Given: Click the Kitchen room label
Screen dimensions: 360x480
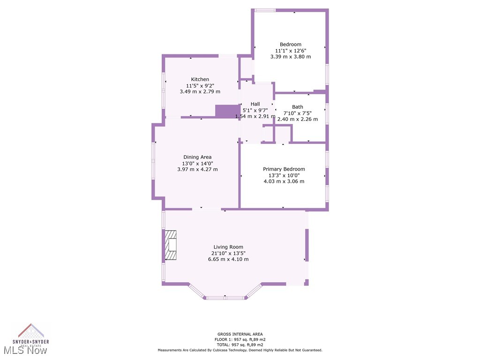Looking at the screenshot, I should tap(200, 79).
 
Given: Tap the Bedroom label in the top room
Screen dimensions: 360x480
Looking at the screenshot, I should tap(290, 45).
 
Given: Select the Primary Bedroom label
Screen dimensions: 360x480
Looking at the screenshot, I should tap(284, 169).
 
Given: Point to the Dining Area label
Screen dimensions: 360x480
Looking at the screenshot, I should tap(197, 157).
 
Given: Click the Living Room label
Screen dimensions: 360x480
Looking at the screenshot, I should tap(228, 247).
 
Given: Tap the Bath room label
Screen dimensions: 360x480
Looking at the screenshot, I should tap(297, 107).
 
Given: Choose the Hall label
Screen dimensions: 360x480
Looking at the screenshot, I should tap(255, 104).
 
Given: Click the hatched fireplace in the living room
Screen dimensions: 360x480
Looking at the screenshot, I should tap(170, 245).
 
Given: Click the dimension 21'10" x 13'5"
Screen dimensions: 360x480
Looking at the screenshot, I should tap(228, 253).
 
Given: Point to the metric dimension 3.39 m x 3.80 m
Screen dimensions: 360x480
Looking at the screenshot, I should tap(290, 57).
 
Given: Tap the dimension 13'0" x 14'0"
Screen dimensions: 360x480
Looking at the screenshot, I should tap(197, 163).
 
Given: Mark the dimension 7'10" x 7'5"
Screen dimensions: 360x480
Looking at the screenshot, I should tap(297, 113).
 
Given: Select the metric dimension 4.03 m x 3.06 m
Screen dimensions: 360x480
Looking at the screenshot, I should tap(284, 181).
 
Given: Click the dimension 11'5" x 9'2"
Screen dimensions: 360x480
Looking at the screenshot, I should tap(200, 85).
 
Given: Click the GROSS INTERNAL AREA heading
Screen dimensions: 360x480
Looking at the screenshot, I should tap(240, 334).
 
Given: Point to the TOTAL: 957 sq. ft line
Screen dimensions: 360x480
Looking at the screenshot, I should tap(240, 345).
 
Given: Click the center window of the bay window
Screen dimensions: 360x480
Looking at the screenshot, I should tap(225, 297).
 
